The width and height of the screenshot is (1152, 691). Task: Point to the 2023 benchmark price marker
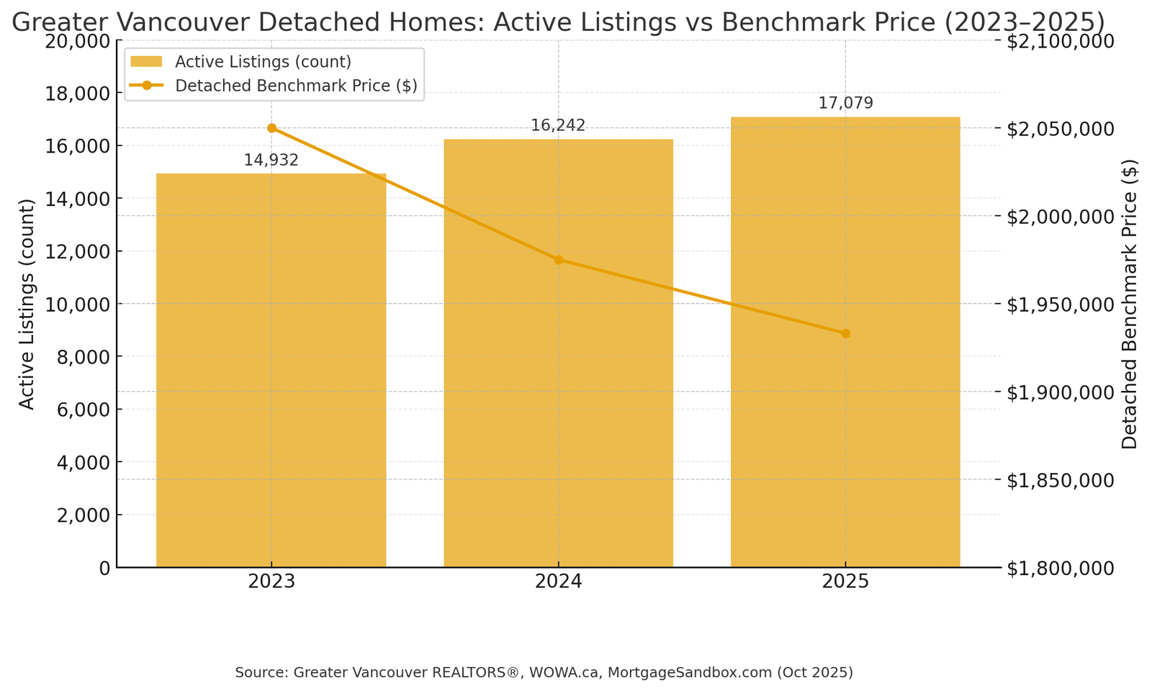(271, 128)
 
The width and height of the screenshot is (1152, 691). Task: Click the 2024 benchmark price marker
(559, 260)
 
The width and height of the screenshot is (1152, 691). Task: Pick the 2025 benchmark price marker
(845, 333)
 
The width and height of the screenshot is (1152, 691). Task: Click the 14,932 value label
(271, 161)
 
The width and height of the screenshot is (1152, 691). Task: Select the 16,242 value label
(558, 126)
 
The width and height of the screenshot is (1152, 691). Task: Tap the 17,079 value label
(845, 104)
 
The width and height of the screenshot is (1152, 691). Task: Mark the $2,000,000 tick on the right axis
(1060, 217)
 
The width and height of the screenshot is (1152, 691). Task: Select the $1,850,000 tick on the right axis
(1060, 480)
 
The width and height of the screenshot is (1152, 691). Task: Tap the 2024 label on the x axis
(558, 582)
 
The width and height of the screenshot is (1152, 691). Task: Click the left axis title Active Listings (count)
(27, 304)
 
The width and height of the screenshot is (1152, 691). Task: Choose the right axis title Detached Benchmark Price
(1130, 304)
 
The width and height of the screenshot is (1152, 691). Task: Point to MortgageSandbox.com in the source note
(688, 672)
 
